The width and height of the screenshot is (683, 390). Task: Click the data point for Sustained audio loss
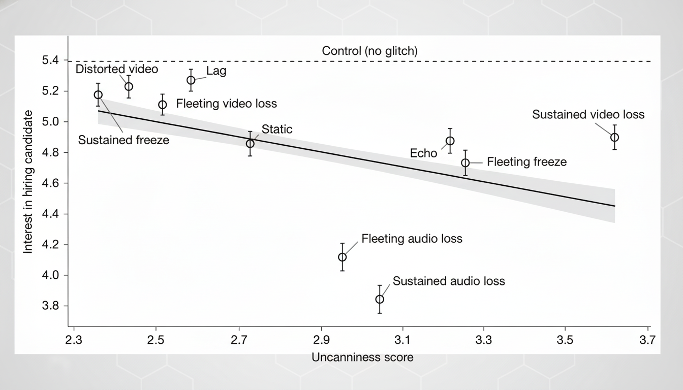tap(380, 299)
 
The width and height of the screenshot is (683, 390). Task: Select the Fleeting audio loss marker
tap(343, 257)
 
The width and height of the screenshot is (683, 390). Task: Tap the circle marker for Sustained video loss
tap(614, 137)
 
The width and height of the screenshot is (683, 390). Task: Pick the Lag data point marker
tap(191, 80)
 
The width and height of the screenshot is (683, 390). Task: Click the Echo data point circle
tap(450, 141)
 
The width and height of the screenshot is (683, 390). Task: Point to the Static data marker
tap(250, 143)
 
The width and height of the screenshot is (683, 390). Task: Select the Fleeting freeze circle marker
tap(465, 162)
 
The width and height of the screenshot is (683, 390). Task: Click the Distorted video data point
tap(129, 86)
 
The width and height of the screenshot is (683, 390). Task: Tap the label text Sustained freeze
tap(123, 140)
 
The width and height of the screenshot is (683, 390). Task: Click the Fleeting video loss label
tap(226, 104)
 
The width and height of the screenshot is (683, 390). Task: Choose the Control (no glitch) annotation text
tap(369, 51)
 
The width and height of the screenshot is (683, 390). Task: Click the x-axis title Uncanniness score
tap(362, 357)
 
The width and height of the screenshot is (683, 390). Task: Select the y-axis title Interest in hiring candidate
tap(28, 182)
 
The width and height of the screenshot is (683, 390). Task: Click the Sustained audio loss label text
tap(449, 281)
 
